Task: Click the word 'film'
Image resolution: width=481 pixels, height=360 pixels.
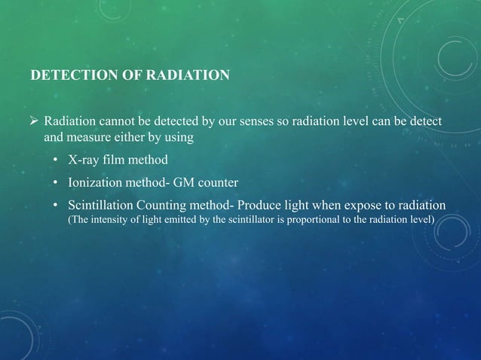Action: pos(114,160)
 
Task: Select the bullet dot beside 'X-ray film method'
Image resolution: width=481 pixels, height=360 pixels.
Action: pos(57,161)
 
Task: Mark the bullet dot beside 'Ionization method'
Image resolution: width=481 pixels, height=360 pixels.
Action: pos(57,184)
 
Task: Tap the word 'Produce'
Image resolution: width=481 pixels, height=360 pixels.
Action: pos(260,206)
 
